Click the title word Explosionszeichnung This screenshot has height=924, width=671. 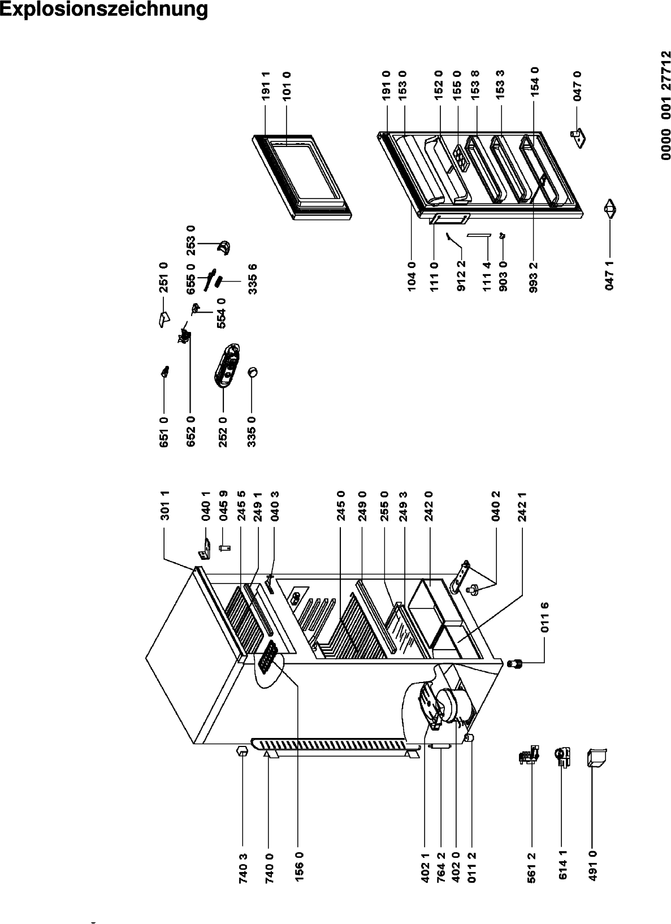coord(103,9)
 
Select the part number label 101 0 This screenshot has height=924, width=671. coord(287,85)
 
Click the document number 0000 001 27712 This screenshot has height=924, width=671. coord(665,105)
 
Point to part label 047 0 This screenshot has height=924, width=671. coord(577,85)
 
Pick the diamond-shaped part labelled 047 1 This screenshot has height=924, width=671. coord(609,210)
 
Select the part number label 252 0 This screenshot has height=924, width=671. coord(223,431)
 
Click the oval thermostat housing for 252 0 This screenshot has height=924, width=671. coord(227,365)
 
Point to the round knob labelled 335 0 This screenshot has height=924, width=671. coord(253,372)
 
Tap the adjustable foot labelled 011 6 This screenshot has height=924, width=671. coord(514,664)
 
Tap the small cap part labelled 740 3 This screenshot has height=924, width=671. coord(242,749)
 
